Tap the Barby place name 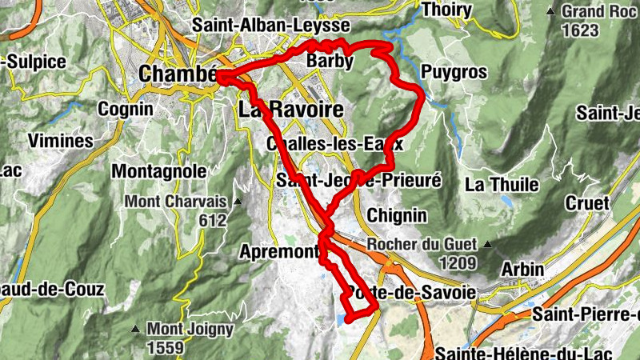pyautogui.click(x=330, y=61)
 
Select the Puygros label pyautogui.click(x=454, y=72)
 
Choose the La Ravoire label pyautogui.click(x=290, y=109)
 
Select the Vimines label pyautogui.click(x=60, y=141)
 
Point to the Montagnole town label pyautogui.click(x=159, y=171)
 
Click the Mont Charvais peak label pyautogui.click(x=175, y=202)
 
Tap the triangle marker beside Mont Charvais pyautogui.click(x=238, y=202)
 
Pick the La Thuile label pyautogui.click(x=502, y=185)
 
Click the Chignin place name pyautogui.click(x=397, y=215)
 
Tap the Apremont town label pyautogui.click(x=280, y=252)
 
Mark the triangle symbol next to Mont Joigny pyautogui.click(x=138, y=329)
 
